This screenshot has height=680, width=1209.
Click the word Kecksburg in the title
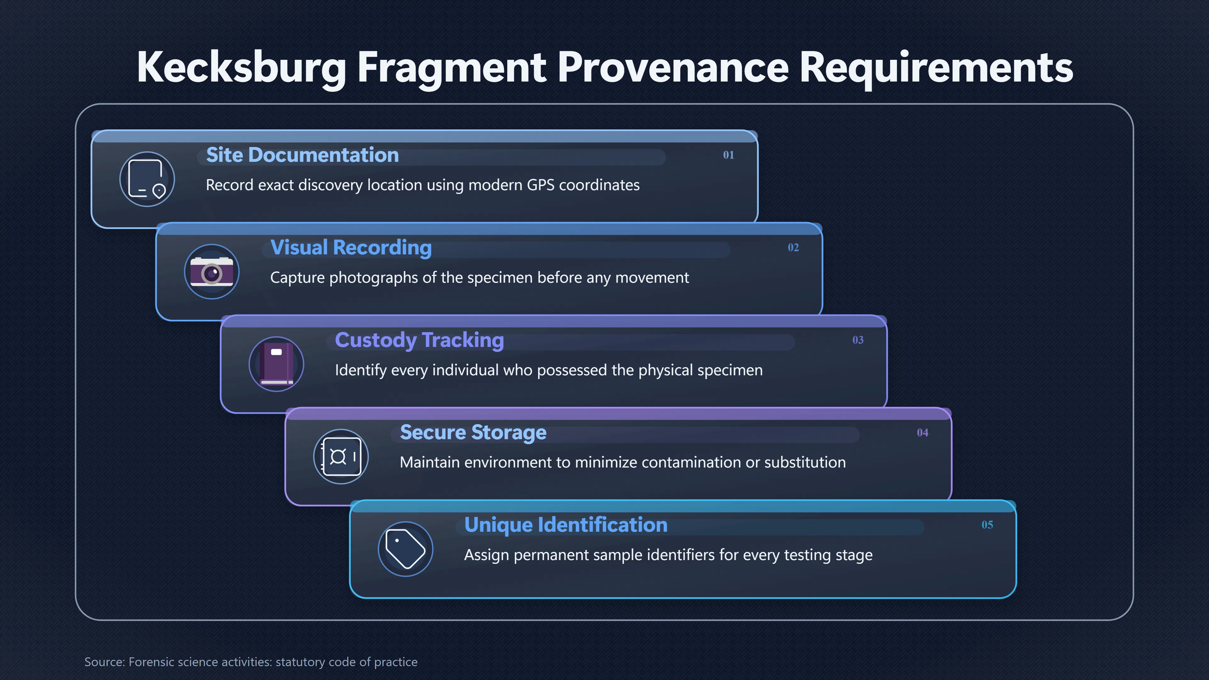coord(241,68)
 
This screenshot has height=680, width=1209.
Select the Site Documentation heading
coord(302,155)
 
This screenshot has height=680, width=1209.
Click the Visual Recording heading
coord(351,248)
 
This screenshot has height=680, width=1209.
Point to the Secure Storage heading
coord(473,433)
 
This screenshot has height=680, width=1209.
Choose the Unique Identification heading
coord(565,525)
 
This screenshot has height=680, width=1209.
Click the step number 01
coord(729,155)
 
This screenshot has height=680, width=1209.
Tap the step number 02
coord(793,247)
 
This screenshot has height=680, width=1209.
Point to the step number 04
coord(923,432)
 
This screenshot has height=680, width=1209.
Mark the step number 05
coord(987,525)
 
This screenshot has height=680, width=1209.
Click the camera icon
coord(212,271)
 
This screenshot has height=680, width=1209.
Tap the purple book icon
coord(276,364)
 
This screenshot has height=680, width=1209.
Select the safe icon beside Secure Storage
coord(341,456)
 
